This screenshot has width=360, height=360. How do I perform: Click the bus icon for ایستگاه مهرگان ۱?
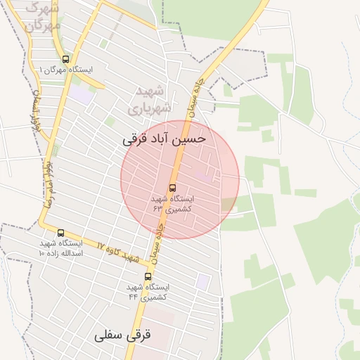[x=66, y=60]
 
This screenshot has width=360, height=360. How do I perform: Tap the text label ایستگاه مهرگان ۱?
[x=66, y=70]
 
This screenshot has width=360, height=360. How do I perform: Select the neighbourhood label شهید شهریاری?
[x=149, y=100]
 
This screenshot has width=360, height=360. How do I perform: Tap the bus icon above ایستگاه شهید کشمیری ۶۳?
[x=173, y=188]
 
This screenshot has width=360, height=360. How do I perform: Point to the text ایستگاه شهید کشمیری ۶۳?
[x=173, y=204]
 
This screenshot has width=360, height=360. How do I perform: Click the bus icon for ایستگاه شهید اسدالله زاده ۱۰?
[x=60, y=233]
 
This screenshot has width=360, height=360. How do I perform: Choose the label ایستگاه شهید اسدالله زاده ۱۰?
[x=60, y=247]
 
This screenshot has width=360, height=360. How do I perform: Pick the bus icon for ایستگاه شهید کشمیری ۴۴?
[x=148, y=277]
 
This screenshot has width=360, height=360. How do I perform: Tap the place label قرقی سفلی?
[x=123, y=336]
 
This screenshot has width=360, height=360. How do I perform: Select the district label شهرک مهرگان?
[x=42, y=17]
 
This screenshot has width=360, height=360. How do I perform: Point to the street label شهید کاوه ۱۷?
[x=117, y=252]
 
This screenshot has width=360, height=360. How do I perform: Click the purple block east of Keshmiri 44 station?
[x=202, y=281]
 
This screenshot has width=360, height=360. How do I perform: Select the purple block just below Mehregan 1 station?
[x=82, y=94]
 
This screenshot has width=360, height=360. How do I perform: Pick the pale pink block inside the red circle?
[x=203, y=174]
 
